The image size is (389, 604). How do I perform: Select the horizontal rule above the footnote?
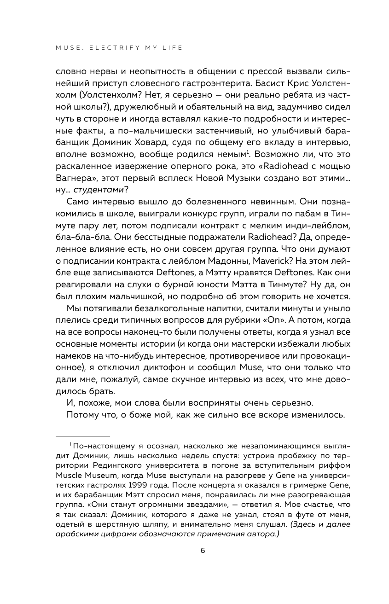(82, 436)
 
